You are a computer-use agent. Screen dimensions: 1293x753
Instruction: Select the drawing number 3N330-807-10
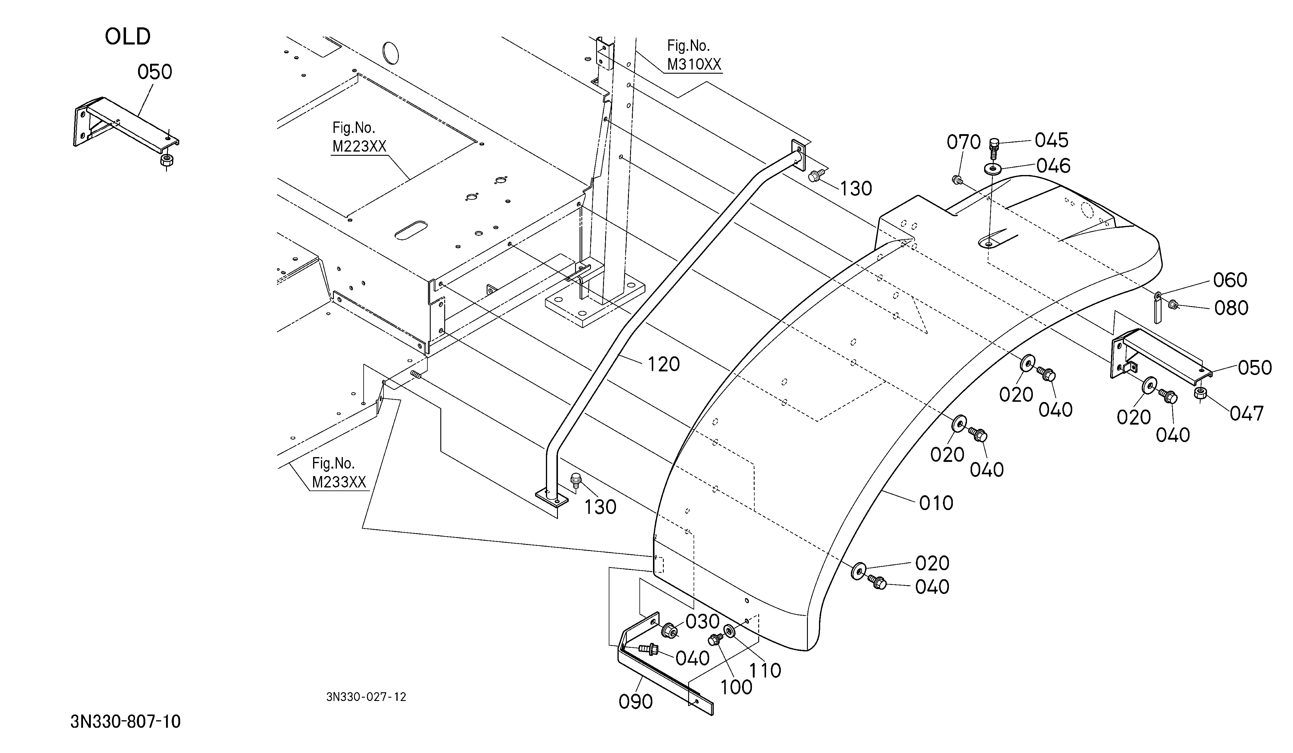(x=126, y=722)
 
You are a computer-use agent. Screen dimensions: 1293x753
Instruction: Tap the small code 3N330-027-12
(x=366, y=697)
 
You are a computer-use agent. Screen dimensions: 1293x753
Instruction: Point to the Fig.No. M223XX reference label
(x=359, y=137)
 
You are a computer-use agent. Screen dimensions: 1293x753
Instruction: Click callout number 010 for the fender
(x=936, y=503)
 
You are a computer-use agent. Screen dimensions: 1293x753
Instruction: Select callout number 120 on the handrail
(x=663, y=364)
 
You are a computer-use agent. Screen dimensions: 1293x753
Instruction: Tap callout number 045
(x=1051, y=140)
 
